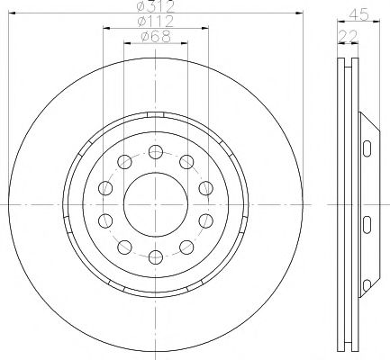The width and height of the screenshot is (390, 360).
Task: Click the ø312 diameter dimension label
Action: coord(156,6)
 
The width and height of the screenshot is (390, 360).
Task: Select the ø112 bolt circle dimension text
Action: coord(156,22)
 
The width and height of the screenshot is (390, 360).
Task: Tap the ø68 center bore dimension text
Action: coord(156,37)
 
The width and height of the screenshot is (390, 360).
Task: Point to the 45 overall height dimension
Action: coord(358,14)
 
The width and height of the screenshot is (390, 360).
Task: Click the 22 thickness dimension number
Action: coord(349,36)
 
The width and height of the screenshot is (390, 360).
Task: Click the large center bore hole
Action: coord(156,204)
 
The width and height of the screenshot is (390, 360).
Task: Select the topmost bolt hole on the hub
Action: coord(156,152)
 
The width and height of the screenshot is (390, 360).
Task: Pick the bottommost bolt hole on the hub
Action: coord(156,257)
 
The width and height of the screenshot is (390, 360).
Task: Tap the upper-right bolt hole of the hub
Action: coord(186,162)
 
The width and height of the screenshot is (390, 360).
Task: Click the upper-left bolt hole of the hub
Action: coord(124,162)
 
